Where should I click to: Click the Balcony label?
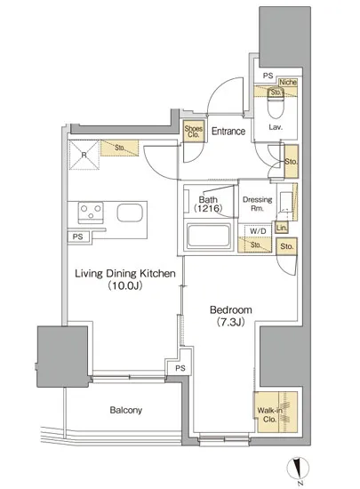pos(126,410)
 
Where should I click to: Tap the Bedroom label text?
pos(230,309)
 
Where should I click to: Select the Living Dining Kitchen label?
pos(125,274)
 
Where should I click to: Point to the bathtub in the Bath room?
pos(209,235)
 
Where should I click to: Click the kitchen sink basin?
pos(130,212)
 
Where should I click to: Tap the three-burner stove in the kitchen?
pos(91,212)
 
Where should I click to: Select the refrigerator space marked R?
pos(84,155)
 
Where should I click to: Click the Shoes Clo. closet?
pos(194,132)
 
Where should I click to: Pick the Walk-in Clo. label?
pos(269,415)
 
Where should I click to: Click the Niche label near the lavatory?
pos(288,82)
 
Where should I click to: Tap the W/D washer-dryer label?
pos(259,231)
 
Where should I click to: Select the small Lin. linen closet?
pos(282,228)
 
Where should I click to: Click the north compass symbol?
pos(299,469)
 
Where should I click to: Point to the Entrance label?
pos(228,131)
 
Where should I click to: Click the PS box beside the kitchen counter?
pos(78,236)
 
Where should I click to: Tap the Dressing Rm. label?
pos(258,204)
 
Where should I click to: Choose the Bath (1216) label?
pos(208,204)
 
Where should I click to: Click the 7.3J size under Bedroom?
pos(230,322)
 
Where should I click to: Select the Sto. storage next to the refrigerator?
pos(119,148)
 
